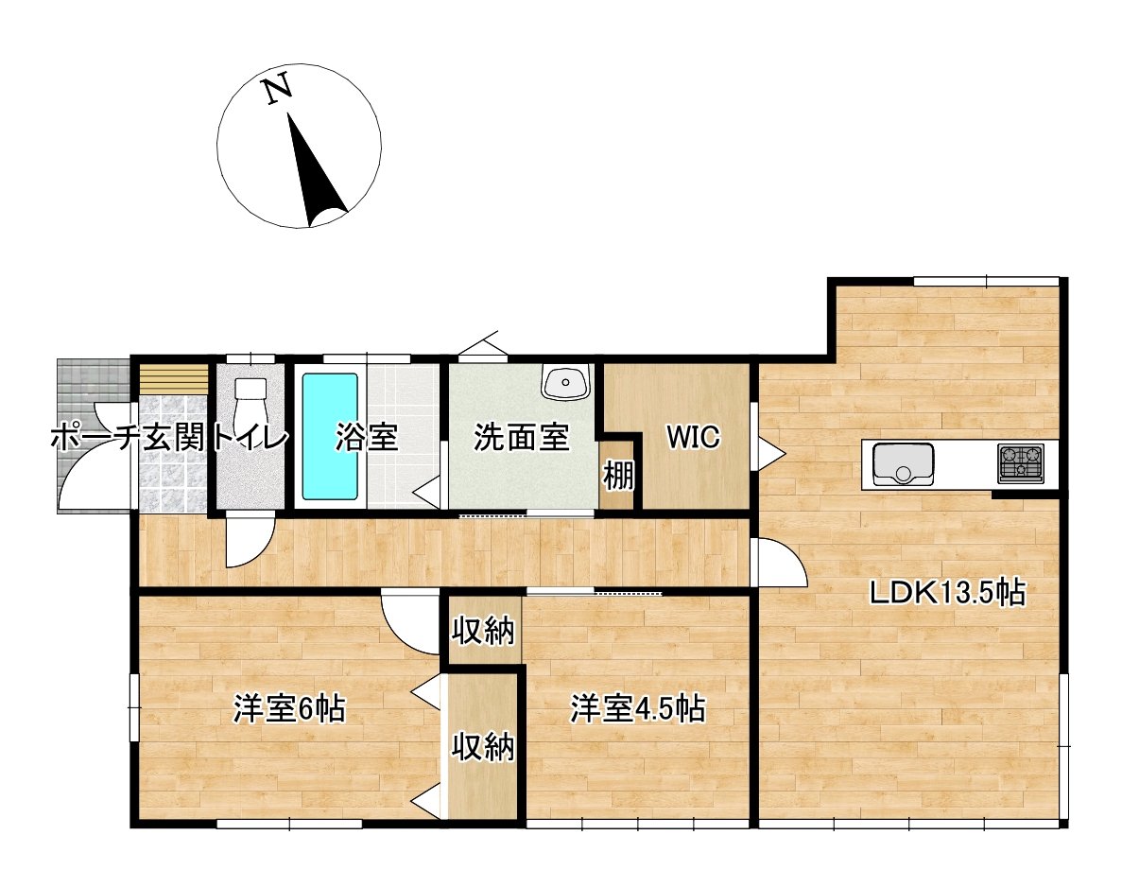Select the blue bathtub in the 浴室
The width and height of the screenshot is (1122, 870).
pyautogui.click(x=329, y=436)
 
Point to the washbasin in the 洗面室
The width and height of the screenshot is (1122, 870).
pyautogui.click(x=565, y=381)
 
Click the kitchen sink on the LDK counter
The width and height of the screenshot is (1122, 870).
pyautogui.click(x=903, y=463)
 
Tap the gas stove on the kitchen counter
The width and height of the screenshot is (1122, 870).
pyautogui.click(x=1021, y=461)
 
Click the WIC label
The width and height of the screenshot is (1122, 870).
pyautogui.click(x=693, y=436)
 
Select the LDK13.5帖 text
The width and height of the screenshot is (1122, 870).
pyautogui.click(x=947, y=593)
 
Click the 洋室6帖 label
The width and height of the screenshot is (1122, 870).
pyautogui.click(x=290, y=709)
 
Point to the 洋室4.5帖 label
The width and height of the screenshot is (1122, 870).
pyautogui.click(x=638, y=709)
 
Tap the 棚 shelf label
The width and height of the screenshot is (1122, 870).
pyautogui.click(x=618, y=474)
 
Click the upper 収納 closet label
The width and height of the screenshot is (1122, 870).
pyautogui.click(x=483, y=632)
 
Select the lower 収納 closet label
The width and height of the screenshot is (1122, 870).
pyautogui.click(x=483, y=748)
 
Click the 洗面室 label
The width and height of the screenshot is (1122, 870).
pyautogui.click(x=522, y=437)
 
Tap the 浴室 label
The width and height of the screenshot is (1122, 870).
pyautogui.click(x=367, y=437)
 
